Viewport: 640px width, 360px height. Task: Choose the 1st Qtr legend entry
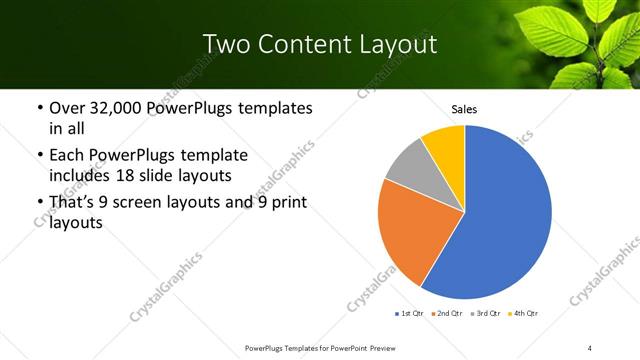409,314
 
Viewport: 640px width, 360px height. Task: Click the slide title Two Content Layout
319,44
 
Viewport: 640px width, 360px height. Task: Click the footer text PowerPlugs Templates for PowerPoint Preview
319,348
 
